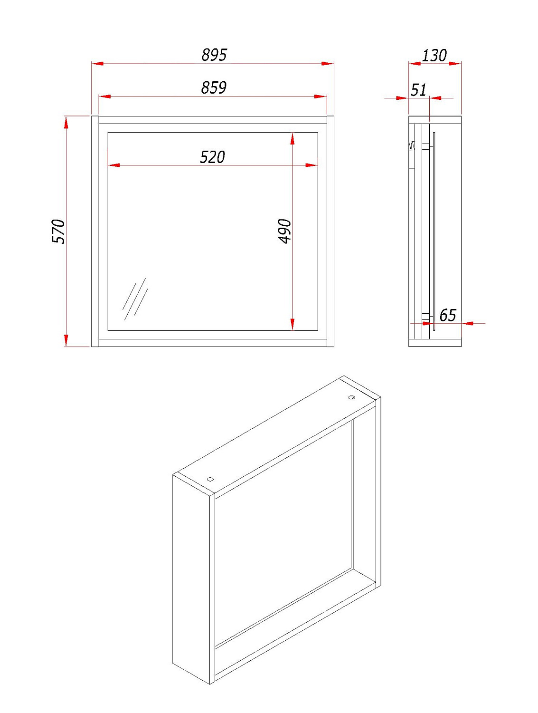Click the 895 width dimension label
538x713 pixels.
[x=214, y=55]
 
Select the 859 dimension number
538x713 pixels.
[x=214, y=87]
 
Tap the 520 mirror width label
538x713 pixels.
[x=212, y=157]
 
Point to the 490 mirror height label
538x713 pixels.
[x=285, y=231]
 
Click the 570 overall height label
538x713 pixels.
[x=58, y=231]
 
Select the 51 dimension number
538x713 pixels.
[x=418, y=90]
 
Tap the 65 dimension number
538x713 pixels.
[x=448, y=315]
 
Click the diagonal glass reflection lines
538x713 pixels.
[x=135, y=299]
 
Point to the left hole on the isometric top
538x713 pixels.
[x=210, y=479]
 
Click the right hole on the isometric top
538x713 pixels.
[x=351, y=397]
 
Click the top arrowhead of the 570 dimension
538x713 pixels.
[x=66, y=123]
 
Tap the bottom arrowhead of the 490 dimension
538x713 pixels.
[x=293, y=324]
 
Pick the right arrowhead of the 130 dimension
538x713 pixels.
[x=455, y=63]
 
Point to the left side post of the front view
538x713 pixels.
[x=95, y=231]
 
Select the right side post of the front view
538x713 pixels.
[x=330, y=231]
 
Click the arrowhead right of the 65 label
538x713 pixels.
[x=467, y=323]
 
